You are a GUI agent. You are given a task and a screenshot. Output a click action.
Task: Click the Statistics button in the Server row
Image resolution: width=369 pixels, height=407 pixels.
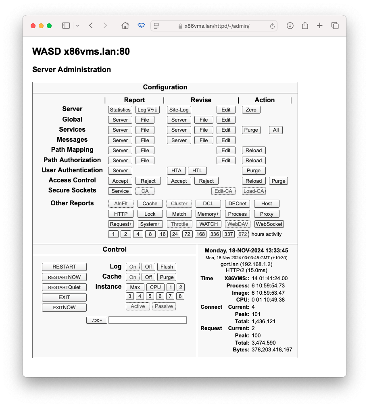pos(120,110)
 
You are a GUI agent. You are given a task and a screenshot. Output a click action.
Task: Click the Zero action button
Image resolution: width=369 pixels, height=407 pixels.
pos(251,110)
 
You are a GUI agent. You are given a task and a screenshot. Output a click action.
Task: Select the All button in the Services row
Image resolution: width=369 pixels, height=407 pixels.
pos(276,130)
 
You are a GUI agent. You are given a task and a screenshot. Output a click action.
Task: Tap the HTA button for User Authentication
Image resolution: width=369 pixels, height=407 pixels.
pos(176,171)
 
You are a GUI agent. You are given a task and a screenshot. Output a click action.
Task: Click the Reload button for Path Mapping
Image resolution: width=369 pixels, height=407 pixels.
pos(254,151)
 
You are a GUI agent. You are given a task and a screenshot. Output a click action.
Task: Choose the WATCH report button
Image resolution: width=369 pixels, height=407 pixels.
pos(208,224)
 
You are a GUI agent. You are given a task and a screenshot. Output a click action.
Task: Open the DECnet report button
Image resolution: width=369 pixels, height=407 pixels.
pos(237,204)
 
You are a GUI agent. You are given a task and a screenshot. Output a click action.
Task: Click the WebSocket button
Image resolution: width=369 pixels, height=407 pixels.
pos(269,224)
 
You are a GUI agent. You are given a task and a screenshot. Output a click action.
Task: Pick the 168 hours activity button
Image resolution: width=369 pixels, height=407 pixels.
pos(200,234)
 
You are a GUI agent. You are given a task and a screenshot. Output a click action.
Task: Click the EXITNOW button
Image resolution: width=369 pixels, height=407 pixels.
pos(64,308)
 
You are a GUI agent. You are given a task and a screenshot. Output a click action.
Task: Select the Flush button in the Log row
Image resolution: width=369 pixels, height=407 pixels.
pos(167,267)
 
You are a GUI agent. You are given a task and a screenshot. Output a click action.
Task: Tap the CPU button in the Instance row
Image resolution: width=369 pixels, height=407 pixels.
pos(155,287)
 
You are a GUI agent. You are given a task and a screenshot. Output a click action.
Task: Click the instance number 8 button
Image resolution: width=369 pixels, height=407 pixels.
pos(180,296)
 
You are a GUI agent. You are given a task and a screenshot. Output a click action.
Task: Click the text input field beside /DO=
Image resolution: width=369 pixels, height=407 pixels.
pos(147,320)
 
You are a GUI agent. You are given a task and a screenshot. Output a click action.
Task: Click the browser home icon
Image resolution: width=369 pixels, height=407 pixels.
pos(125,26)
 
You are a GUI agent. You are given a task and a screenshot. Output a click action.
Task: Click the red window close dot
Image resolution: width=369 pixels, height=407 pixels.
pos(33,26)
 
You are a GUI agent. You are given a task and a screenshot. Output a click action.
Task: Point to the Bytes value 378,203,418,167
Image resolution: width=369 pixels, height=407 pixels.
pos(272,350)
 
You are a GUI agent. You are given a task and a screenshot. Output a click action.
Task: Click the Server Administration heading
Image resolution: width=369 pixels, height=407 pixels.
pos(71,70)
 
